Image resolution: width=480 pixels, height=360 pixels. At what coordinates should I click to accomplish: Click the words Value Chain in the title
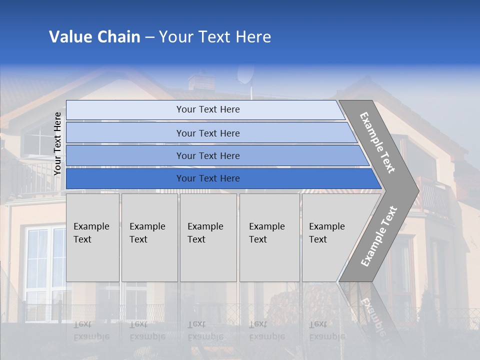[x=94, y=37]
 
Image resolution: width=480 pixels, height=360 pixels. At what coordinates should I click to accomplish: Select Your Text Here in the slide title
[x=215, y=37]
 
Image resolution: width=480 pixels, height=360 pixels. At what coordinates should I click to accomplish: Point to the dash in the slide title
[x=149, y=37]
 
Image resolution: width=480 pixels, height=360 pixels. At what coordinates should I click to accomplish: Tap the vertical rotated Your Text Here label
[x=57, y=144]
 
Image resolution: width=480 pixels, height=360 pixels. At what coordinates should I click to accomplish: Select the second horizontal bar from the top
[x=208, y=133]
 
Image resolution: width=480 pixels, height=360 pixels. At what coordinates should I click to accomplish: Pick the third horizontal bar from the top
[x=208, y=155]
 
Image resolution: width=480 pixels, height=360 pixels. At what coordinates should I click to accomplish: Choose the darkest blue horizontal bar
[x=208, y=178]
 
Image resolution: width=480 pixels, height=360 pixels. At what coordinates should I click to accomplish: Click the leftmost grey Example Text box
[x=92, y=237]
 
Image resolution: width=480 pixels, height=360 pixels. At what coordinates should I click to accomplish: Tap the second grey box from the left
[x=149, y=237]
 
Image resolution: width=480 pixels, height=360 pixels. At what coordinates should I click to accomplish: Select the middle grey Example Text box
[x=208, y=237]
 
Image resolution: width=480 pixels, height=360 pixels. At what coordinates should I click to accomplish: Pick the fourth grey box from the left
[x=269, y=237]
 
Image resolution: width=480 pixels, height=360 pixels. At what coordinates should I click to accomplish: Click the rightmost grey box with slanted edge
[x=330, y=237]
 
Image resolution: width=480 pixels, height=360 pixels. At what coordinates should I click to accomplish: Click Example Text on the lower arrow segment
[x=379, y=236]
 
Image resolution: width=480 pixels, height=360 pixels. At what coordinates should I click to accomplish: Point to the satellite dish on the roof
[x=245, y=75]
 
